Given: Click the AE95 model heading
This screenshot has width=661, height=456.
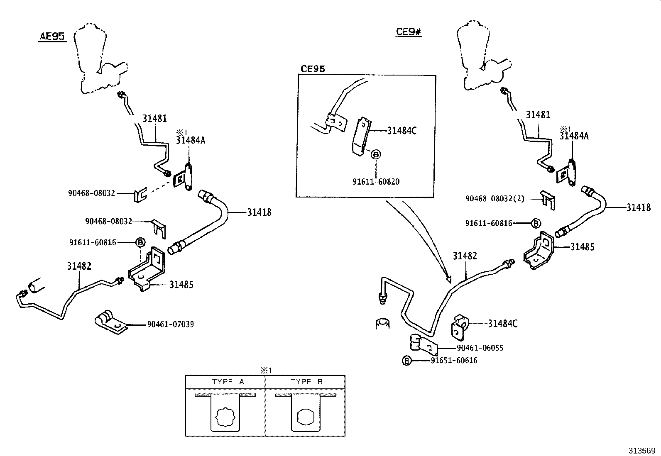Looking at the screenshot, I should pos(52,37).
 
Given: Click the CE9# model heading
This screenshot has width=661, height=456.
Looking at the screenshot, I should pos(409,32).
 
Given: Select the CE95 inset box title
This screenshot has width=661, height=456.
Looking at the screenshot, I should pos(313,69).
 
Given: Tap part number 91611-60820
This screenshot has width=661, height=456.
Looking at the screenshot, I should pos(376,181).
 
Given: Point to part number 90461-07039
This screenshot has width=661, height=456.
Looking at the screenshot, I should pos(170,324).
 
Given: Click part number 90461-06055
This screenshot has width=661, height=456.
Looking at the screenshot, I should pos(480,348).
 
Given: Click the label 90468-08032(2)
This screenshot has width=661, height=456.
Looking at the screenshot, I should pos(495,199).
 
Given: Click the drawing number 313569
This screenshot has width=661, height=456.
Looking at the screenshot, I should pos(641,451).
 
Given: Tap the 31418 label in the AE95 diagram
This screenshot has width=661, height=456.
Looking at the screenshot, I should pos(259,212).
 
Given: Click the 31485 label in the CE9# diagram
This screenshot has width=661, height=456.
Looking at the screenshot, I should pos(582,247).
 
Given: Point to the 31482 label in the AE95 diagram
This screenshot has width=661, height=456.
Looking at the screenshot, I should pos(79,266).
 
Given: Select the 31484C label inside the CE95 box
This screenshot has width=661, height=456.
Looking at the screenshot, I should pos(401,131).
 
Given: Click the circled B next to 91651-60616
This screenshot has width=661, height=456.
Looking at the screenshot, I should pos(406,361).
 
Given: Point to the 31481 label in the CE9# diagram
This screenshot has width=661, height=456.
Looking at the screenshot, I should pos(538,115).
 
